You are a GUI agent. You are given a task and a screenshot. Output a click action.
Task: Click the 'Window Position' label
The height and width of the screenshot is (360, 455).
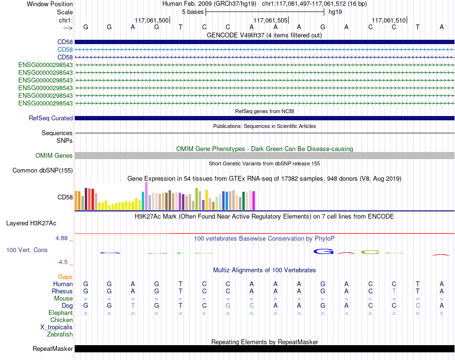point(50,4)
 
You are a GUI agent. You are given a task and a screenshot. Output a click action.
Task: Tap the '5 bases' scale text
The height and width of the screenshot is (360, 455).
point(193,12)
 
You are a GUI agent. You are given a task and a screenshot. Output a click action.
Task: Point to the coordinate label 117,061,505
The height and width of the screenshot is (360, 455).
point(270,20)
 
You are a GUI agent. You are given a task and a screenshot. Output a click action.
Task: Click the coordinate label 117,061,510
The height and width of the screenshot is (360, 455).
point(388,20)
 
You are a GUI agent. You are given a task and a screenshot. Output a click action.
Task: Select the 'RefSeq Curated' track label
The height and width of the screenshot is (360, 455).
point(51,118)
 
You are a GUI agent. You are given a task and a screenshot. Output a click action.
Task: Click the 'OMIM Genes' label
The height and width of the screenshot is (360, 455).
point(54,156)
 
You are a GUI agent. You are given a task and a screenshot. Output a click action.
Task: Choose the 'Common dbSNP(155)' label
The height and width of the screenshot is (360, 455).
point(43,171)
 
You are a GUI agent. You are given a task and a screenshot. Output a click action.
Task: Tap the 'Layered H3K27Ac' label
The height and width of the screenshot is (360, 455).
point(31,223)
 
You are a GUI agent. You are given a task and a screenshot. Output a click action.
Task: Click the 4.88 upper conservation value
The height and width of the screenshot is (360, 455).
point(61,238)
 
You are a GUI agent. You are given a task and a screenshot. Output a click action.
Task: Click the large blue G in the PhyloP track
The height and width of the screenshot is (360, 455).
point(323,251)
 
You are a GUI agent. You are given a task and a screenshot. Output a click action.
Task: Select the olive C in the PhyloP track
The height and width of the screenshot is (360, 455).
point(370,252)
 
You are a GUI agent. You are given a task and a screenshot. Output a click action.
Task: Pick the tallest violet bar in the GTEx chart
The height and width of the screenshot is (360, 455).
point(146,196)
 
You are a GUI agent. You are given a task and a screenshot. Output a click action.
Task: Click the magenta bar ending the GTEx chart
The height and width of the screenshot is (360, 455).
point(254,201)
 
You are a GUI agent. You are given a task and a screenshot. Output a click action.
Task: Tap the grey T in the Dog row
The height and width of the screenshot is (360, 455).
point(133,305)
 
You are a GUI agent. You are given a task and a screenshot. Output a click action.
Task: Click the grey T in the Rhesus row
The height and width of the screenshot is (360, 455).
point(394,291)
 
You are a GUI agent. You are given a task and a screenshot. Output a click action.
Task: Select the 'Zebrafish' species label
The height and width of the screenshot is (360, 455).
point(60,335)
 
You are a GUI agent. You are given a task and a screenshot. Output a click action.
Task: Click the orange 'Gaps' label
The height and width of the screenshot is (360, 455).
point(65,277)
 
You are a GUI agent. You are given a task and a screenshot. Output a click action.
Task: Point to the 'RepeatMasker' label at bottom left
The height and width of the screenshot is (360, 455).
point(53,348)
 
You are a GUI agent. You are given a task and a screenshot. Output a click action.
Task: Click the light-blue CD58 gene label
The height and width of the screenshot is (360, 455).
point(65,50)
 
